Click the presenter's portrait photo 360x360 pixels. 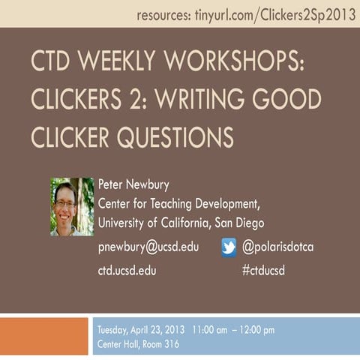coord(71,206)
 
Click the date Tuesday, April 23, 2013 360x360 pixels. coord(142,329)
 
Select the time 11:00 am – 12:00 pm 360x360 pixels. coord(233,329)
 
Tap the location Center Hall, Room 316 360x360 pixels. coord(138,344)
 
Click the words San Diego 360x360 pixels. coord(238,223)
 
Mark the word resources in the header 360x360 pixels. coord(164,14)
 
